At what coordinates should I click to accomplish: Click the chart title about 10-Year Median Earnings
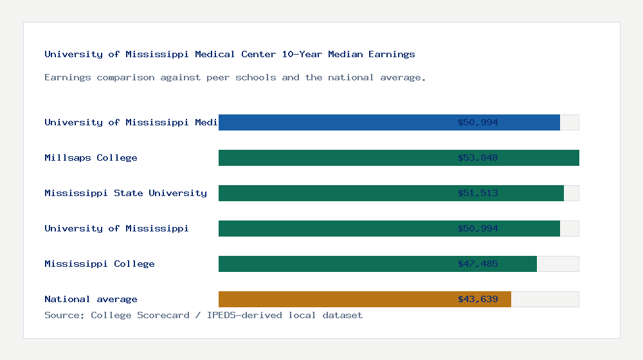pyautogui.click(x=230, y=54)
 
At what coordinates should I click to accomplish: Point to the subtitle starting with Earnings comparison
pyautogui.click(x=235, y=77)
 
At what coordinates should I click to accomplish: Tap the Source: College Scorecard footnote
pyautogui.click(x=203, y=315)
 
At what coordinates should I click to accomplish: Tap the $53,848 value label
pyautogui.click(x=478, y=157)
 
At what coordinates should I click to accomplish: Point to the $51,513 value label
pyautogui.click(x=478, y=193)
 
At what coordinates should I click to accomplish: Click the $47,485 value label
pyautogui.click(x=478, y=264)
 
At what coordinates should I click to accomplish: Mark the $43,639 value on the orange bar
pyautogui.click(x=478, y=299)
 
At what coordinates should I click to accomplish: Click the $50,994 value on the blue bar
pyautogui.click(x=478, y=122)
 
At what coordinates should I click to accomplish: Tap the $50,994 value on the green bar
pyautogui.click(x=478, y=228)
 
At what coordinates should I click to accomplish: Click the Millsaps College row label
pyautogui.click(x=91, y=157)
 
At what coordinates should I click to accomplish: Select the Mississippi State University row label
pyautogui.click(x=125, y=193)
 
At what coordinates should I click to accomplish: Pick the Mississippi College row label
pyautogui.click(x=99, y=264)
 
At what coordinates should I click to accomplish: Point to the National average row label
pyautogui.click(x=91, y=299)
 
